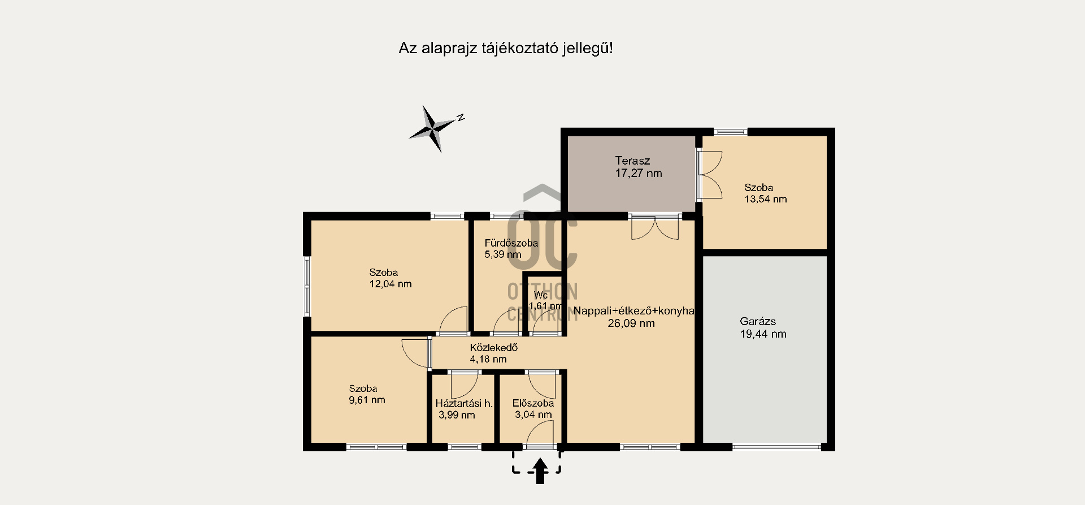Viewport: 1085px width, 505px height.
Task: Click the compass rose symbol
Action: [x=433, y=129]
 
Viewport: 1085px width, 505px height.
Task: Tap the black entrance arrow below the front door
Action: [x=540, y=471]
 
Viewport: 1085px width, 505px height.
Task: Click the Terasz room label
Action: [x=632, y=161]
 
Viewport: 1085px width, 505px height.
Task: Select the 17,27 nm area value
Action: [x=639, y=174]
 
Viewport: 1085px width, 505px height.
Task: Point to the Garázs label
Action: [x=758, y=321]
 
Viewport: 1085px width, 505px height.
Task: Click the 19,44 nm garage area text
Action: [x=763, y=334]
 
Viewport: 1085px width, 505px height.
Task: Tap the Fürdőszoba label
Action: [x=511, y=243]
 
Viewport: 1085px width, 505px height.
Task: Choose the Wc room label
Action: [x=541, y=295]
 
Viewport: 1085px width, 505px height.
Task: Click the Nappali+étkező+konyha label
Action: [x=633, y=311]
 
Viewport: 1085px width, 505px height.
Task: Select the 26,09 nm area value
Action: [x=631, y=323]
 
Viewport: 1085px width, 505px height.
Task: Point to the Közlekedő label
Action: [x=493, y=348]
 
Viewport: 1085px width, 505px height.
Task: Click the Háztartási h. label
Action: [x=463, y=404]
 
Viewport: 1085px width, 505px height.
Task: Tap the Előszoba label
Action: [x=533, y=403]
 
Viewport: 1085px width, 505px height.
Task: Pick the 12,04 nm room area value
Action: [x=390, y=284]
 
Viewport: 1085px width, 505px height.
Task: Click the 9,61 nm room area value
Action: [x=367, y=400]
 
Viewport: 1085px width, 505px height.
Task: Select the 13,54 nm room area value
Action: [x=766, y=199]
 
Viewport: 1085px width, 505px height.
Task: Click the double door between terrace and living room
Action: [x=655, y=227]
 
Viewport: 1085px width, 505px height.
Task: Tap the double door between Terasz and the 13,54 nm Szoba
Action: [x=710, y=175]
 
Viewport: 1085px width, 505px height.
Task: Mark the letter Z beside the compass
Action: [x=461, y=118]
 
